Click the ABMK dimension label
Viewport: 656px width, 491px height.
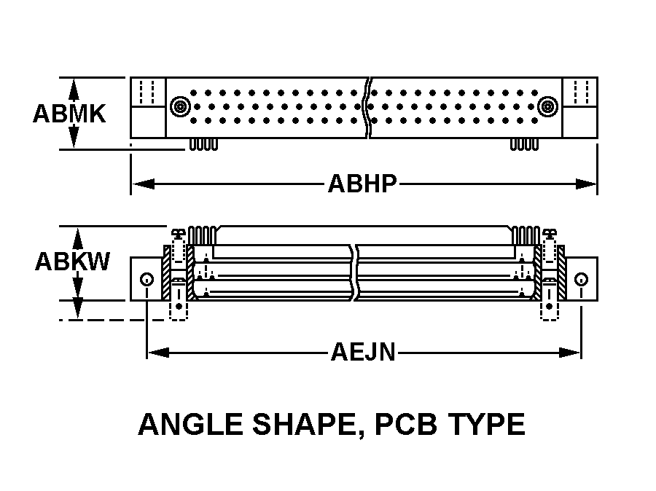pyautogui.click(x=69, y=114)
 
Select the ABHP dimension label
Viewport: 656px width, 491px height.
pyautogui.click(x=362, y=184)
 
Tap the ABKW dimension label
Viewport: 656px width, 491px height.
pyautogui.click(x=72, y=262)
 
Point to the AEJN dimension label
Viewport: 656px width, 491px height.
pyautogui.click(x=363, y=352)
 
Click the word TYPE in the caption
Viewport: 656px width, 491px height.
pyautogui.click(x=487, y=424)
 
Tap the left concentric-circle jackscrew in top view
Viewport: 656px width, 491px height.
pyautogui.click(x=180, y=106)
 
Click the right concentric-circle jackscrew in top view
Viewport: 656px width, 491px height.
pyautogui.click(x=547, y=106)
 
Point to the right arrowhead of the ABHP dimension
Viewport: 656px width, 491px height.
pyautogui.click(x=586, y=184)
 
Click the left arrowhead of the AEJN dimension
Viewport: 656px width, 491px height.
pyautogui.click(x=159, y=353)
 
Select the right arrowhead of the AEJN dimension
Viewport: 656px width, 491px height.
pyautogui.click(x=569, y=353)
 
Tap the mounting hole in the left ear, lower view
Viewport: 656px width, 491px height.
pyautogui.click(x=147, y=279)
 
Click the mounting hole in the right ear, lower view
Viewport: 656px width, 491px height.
pyautogui.click(x=581, y=279)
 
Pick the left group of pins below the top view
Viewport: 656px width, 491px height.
pyautogui.click(x=204, y=145)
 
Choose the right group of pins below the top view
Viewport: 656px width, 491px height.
pyautogui.click(x=524, y=145)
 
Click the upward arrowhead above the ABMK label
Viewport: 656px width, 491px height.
pyautogui.click(x=74, y=90)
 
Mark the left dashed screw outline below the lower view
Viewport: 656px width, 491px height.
pyautogui.click(x=179, y=310)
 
